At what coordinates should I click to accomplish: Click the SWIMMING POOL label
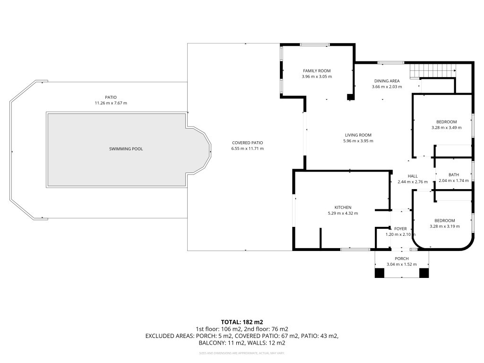point(126,149)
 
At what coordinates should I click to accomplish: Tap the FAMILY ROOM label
point(317,71)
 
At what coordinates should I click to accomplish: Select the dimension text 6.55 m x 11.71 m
point(247,148)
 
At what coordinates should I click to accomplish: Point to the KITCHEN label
point(343,207)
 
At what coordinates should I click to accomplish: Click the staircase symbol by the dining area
point(432,71)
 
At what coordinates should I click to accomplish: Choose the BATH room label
point(453,175)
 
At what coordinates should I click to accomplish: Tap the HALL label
point(412,176)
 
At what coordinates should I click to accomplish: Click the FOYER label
point(400,229)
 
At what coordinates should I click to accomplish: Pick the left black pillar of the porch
point(380,273)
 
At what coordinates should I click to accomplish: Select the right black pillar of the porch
point(424,273)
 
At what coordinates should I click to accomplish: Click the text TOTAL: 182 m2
point(242,321)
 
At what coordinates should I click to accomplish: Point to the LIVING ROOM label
point(357,135)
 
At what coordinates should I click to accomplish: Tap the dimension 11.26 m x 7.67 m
point(111,103)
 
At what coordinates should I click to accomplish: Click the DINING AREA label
point(387,81)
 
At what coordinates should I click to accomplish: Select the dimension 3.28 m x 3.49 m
point(447,128)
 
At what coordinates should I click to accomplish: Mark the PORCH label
point(401,259)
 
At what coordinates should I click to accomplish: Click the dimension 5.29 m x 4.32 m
point(343,213)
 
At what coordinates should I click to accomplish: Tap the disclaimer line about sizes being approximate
point(242,353)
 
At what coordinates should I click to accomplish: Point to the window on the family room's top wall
point(315,45)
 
